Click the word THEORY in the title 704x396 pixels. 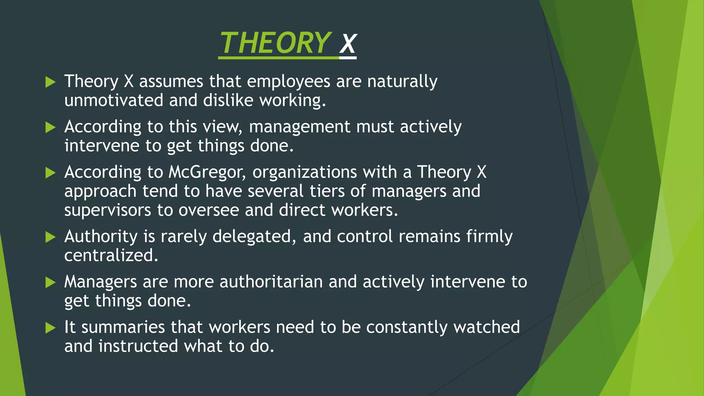coord(275,43)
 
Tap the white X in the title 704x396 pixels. coord(348,44)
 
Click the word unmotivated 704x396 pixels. coord(114,100)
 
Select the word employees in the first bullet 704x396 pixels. coord(288,82)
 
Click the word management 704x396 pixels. coord(299,127)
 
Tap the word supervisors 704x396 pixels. coord(108,210)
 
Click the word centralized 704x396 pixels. coord(111,255)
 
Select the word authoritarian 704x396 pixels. coord(271,282)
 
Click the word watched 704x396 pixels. coord(486,327)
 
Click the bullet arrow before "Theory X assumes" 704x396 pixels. coord(50,82)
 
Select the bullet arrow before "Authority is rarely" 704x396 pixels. coord(50,237)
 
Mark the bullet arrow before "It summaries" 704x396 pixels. coord(50,328)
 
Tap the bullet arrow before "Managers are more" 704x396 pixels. coord(50,282)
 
